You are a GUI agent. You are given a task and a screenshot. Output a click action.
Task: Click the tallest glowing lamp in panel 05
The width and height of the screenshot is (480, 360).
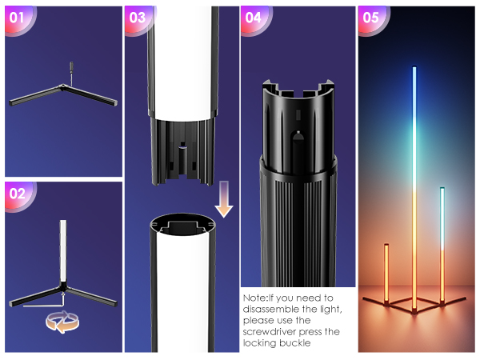[x=414, y=184]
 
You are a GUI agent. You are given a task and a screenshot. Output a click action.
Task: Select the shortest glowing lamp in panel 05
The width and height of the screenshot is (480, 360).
[x=386, y=272]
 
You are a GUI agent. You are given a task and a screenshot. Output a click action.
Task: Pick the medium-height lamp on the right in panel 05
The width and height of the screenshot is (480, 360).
[x=441, y=240]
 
